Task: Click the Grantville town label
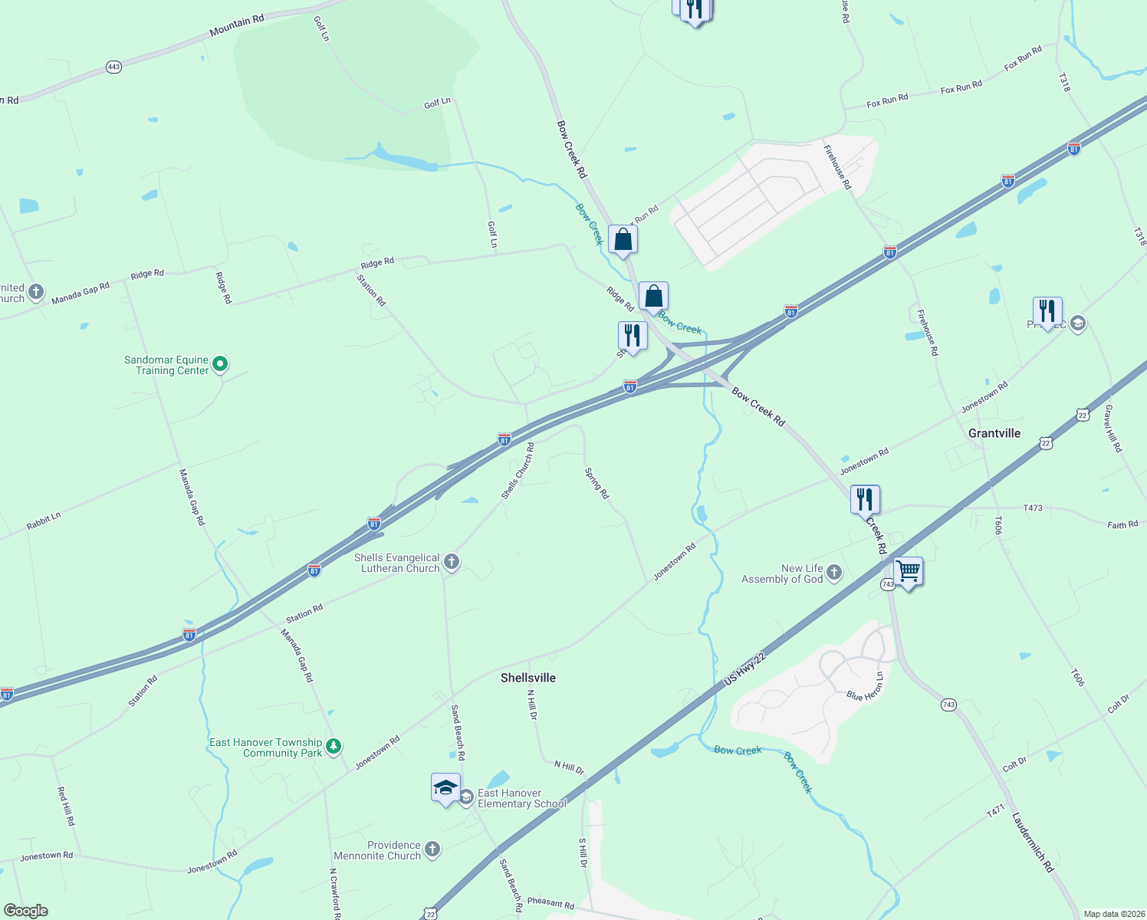tap(994, 433)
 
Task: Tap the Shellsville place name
tap(527, 678)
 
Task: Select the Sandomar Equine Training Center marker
tap(220, 364)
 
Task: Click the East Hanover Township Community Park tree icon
tap(334, 746)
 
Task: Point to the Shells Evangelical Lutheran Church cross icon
tap(452, 562)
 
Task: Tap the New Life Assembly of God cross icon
tap(834, 573)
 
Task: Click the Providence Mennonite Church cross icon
tap(432, 849)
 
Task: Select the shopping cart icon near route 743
tap(908, 571)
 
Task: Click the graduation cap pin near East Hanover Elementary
tap(445, 787)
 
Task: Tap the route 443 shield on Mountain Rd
tap(113, 67)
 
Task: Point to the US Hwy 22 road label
tap(745, 669)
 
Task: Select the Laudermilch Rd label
tap(1033, 842)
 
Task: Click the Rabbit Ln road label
tap(44, 521)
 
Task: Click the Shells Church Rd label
tap(518, 471)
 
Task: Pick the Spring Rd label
tap(597, 484)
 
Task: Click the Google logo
tap(25, 911)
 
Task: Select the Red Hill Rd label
tap(67, 806)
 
